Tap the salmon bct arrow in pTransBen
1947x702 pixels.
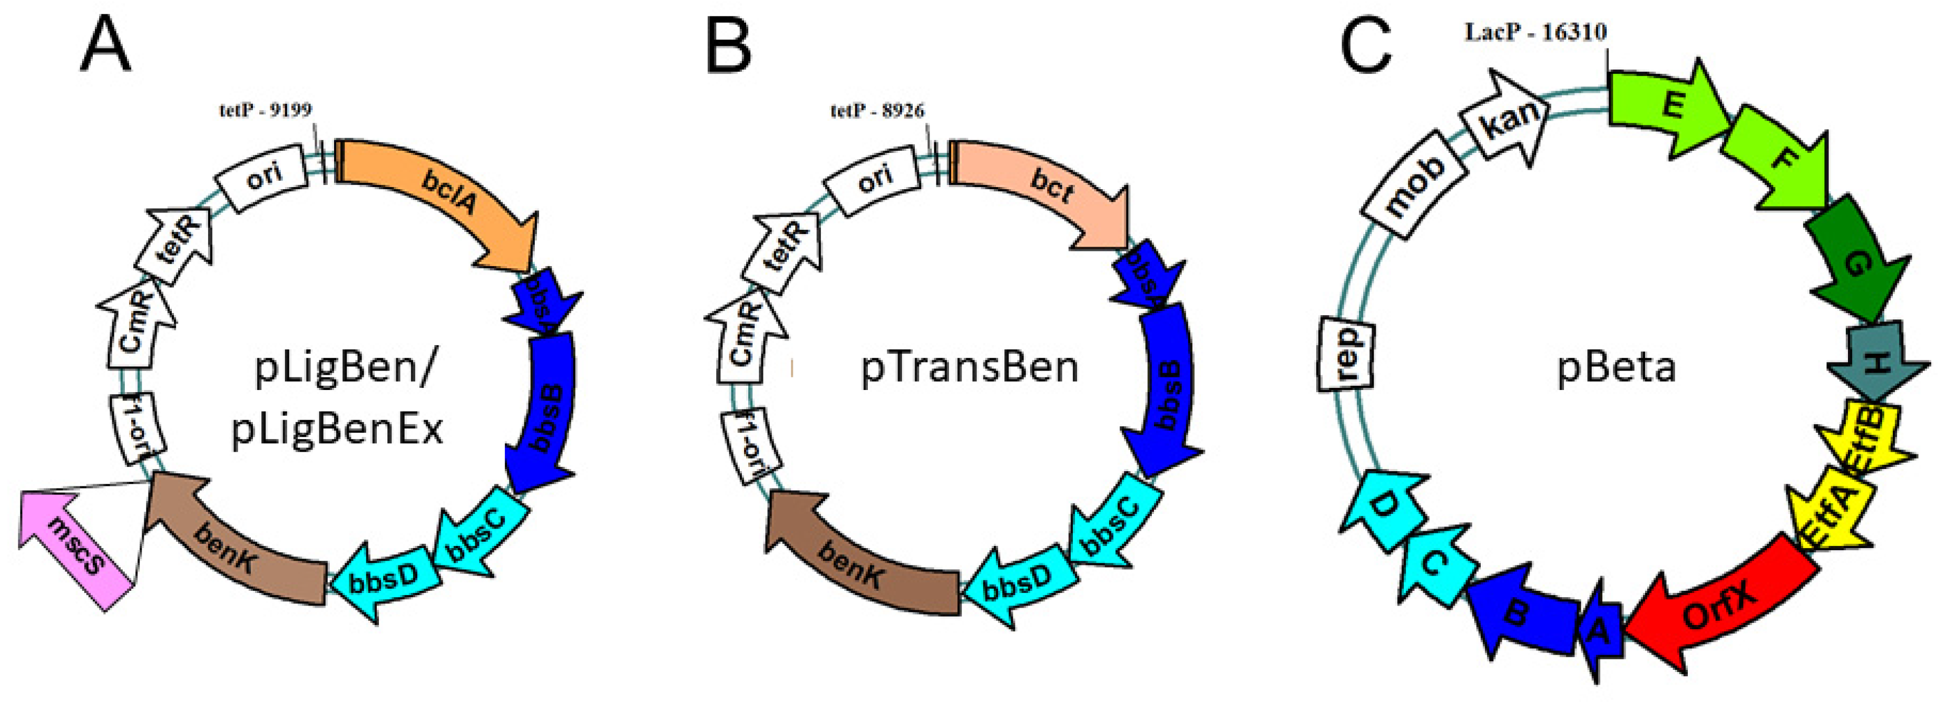[x=1051, y=189]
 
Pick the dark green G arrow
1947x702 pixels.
[x=1855, y=261]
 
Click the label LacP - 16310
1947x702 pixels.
[x=1535, y=32]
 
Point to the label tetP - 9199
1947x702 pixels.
[x=265, y=110]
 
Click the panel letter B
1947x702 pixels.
[x=728, y=47]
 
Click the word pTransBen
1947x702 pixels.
[x=970, y=368]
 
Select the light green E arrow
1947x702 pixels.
[x=1667, y=106]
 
